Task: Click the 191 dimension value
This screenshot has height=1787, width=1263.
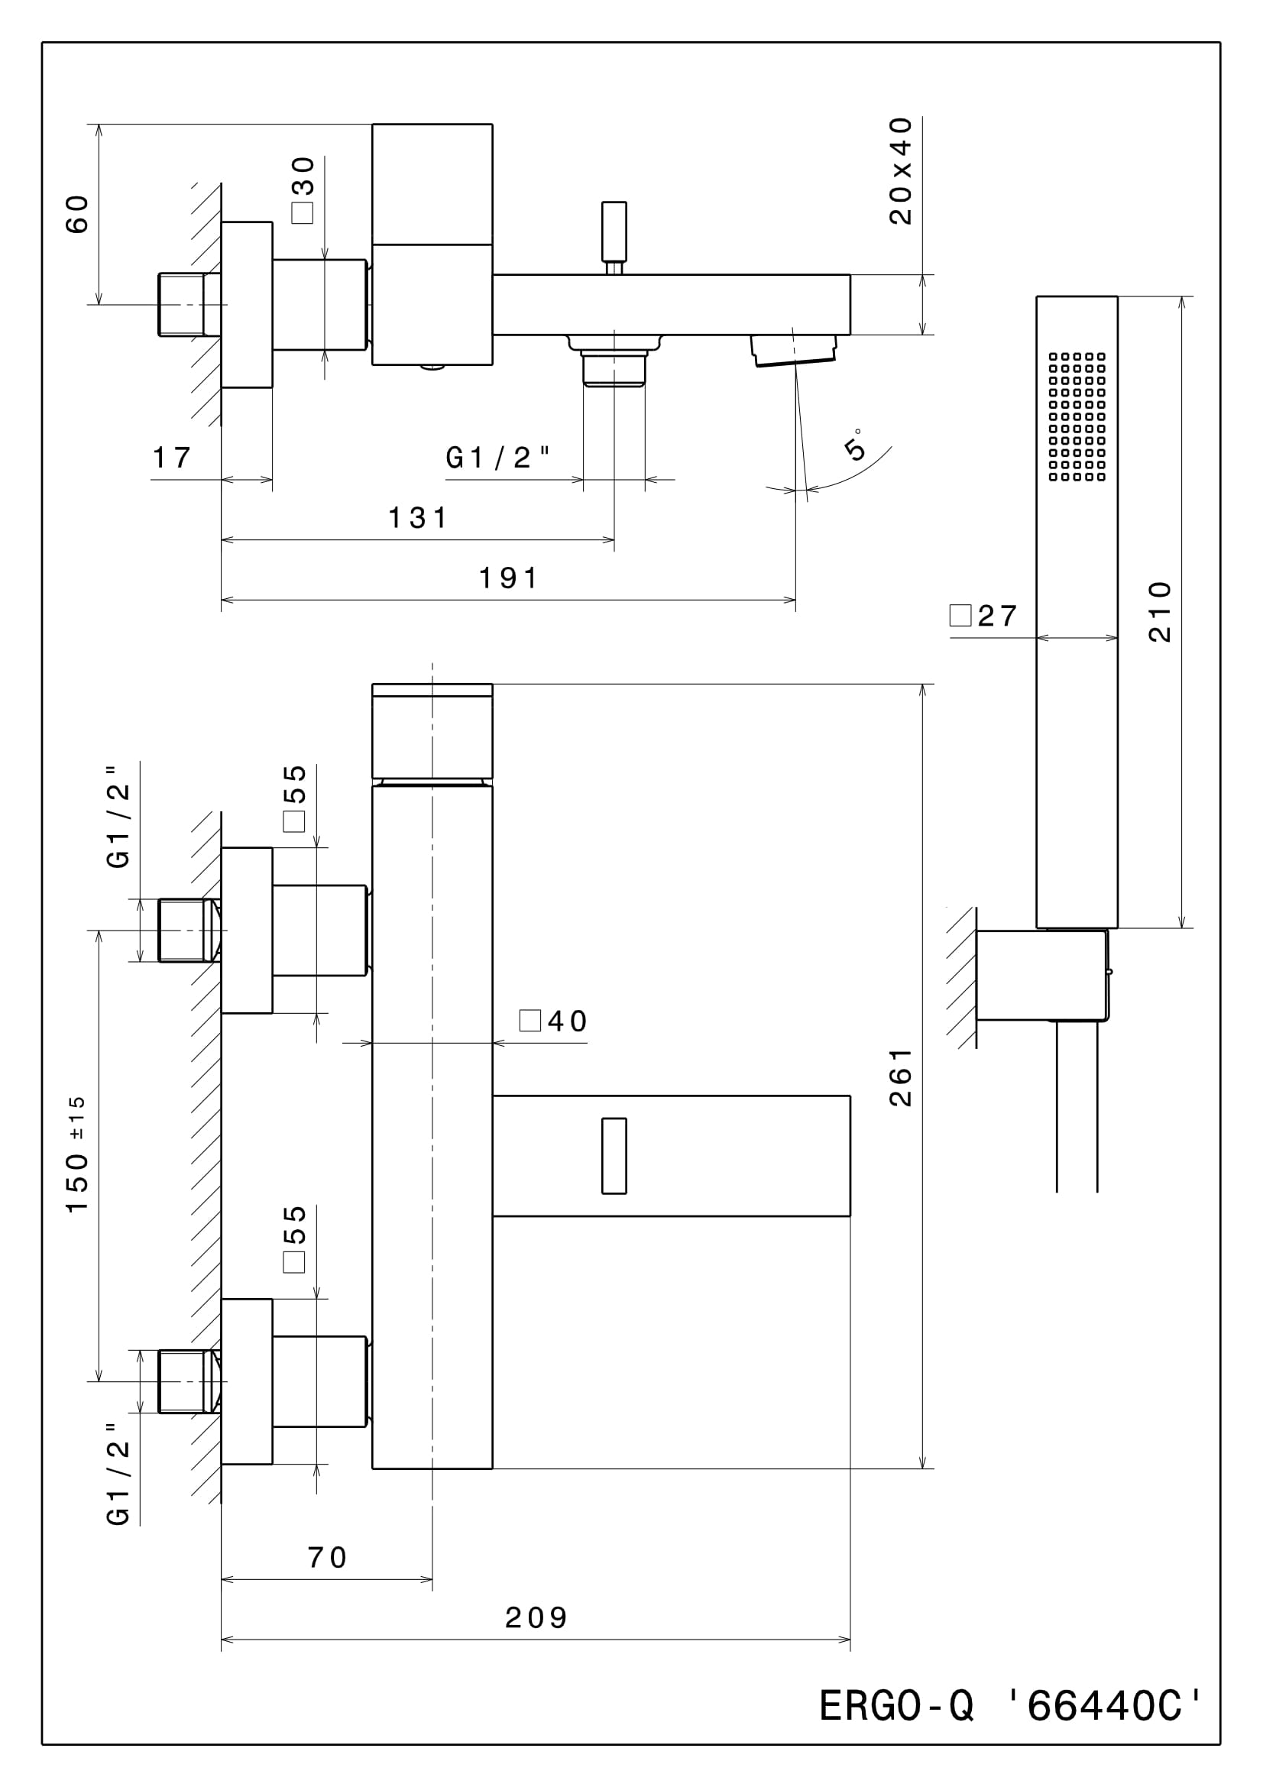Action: [x=508, y=578]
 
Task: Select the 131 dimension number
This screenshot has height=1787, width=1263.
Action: [x=418, y=517]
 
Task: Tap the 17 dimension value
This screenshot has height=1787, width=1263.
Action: [x=172, y=458]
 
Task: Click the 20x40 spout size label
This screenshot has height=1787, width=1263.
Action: [x=900, y=171]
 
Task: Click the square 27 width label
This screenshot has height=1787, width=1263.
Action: [x=983, y=616]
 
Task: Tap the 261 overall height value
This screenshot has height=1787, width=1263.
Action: [x=900, y=1077]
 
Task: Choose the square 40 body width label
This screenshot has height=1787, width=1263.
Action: [x=553, y=1021]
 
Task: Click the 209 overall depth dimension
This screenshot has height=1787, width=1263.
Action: [x=536, y=1618]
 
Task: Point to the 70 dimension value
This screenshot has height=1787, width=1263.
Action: [x=327, y=1557]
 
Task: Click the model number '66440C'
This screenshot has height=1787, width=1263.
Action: [x=1105, y=1706]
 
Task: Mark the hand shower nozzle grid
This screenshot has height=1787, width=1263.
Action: [x=1077, y=416]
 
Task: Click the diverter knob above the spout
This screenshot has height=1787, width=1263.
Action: [x=614, y=233]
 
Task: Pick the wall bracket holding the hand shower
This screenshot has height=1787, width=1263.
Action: [x=1042, y=974]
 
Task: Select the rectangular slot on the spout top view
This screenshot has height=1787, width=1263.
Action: [x=614, y=1156]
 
